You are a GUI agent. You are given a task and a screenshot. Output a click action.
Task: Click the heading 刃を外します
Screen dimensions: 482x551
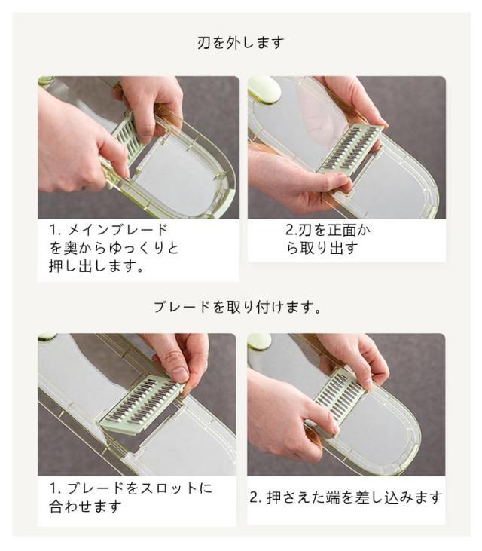[240, 43]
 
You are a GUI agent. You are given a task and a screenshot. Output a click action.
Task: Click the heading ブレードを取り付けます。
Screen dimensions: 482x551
[237, 307]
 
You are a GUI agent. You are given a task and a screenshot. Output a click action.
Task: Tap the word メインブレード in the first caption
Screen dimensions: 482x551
[117, 230]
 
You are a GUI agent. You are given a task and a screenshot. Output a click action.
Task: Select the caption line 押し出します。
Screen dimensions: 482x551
[96, 265]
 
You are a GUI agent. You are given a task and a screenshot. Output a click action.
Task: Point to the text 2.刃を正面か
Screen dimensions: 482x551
[328, 230]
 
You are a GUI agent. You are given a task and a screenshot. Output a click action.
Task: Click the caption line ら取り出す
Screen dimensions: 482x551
[322, 248]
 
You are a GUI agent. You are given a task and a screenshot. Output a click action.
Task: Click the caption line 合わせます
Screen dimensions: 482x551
[85, 506]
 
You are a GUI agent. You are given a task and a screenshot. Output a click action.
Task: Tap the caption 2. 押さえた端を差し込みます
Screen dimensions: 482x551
[346, 497]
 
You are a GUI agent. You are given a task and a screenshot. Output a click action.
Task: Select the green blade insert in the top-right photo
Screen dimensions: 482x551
[350, 148]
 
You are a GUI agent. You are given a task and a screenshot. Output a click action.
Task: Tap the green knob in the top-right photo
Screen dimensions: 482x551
[264, 89]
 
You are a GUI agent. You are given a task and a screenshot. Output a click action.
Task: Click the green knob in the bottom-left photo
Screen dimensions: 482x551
[47, 338]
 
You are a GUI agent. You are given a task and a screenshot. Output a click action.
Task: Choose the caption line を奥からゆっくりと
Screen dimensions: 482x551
[114, 248]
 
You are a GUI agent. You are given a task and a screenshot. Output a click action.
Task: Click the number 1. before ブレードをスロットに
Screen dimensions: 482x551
[56, 488]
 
